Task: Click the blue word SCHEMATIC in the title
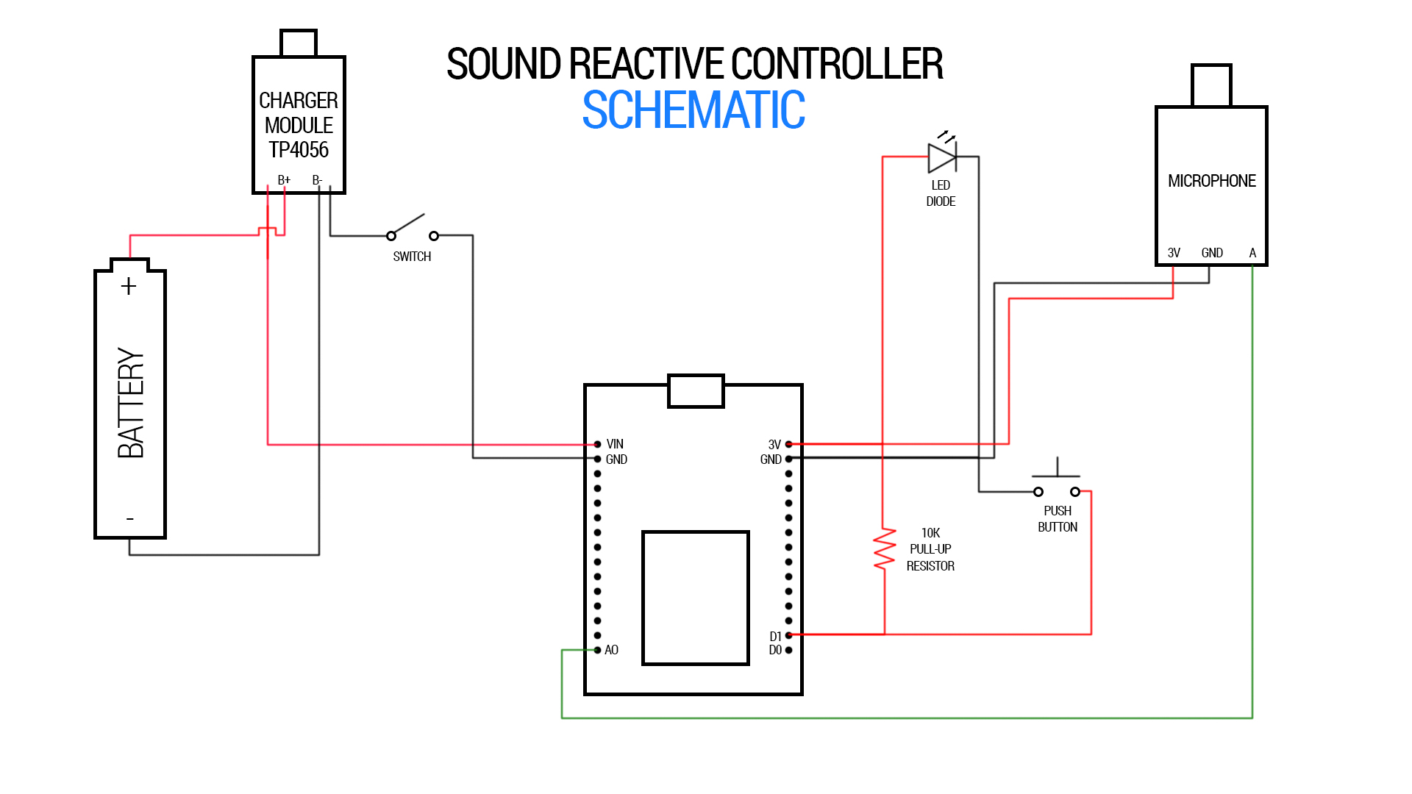pos(693,111)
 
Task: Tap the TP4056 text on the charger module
pos(298,150)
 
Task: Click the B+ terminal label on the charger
pos(284,180)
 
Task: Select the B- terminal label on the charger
pos(317,180)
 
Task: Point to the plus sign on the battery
pos(129,286)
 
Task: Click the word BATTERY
pos(131,403)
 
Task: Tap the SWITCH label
pos(412,257)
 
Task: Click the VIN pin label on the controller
pos(615,444)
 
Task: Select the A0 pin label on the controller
pos(611,650)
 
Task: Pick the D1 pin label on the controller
pos(775,636)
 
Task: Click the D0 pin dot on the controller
pos(788,650)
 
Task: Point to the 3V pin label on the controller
pos(774,445)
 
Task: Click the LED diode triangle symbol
pos(941,157)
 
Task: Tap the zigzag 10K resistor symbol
pos(885,548)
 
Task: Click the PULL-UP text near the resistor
pos(930,549)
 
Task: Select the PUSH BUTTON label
pos(1058,519)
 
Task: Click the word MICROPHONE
pos(1211,181)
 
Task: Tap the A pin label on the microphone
pos(1252,253)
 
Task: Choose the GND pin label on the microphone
pos(1212,253)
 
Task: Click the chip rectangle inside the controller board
pos(695,598)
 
